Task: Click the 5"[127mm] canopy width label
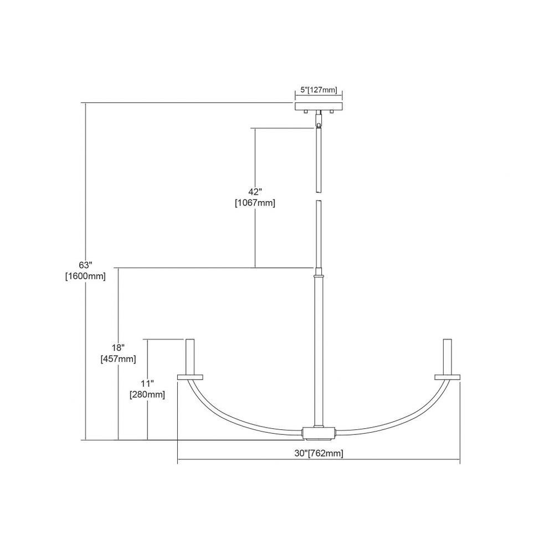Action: pos(319,90)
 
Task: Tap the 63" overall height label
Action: pos(85,265)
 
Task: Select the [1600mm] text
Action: pos(85,276)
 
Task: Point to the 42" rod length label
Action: pos(255,192)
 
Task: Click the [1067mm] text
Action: pos(255,203)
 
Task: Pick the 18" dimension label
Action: pos(119,348)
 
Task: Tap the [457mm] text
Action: pos(119,359)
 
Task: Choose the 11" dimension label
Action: pos(147,383)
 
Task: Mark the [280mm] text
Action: pos(147,394)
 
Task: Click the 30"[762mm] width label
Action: pos(319,453)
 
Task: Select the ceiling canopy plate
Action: pos(319,106)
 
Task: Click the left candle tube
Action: pos(190,356)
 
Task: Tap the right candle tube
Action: pos(447,356)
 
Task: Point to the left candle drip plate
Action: pos(190,377)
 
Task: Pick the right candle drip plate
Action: pos(447,377)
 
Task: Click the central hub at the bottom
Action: pos(319,434)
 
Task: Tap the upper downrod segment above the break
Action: pos(319,161)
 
